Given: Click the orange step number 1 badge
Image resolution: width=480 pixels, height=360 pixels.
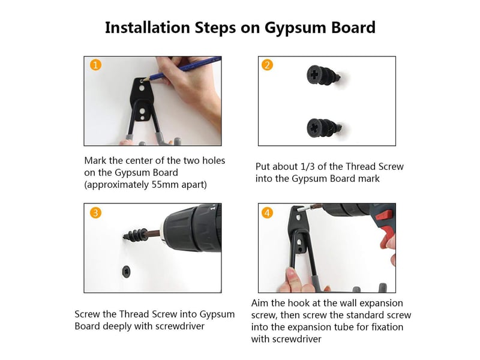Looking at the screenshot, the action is (95, 65).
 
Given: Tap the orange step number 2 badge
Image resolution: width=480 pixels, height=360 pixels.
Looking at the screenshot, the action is (267, 65).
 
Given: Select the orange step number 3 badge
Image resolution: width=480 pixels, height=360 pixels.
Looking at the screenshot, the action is (95, 212).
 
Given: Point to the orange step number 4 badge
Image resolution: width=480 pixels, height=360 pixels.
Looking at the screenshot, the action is (267, 212).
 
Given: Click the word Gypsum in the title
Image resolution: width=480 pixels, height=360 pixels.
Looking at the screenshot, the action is (295, 28).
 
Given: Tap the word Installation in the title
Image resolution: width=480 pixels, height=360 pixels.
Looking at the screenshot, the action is (148, 27).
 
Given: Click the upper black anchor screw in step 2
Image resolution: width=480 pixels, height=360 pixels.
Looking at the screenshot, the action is (324, 76).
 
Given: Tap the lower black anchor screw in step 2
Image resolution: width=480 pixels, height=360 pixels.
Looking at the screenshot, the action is (324, 128).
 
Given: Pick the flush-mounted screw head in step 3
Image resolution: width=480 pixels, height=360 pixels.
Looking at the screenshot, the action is (127, 272).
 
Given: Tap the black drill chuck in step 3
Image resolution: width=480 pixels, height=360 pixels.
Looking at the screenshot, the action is (192, 228).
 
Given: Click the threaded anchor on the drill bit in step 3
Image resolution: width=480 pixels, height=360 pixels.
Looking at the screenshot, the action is (135, 236).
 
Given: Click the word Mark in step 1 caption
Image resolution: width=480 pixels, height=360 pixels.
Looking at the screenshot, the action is (95, 161).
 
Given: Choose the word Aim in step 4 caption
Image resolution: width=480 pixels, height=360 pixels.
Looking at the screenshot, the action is (260, 303).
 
